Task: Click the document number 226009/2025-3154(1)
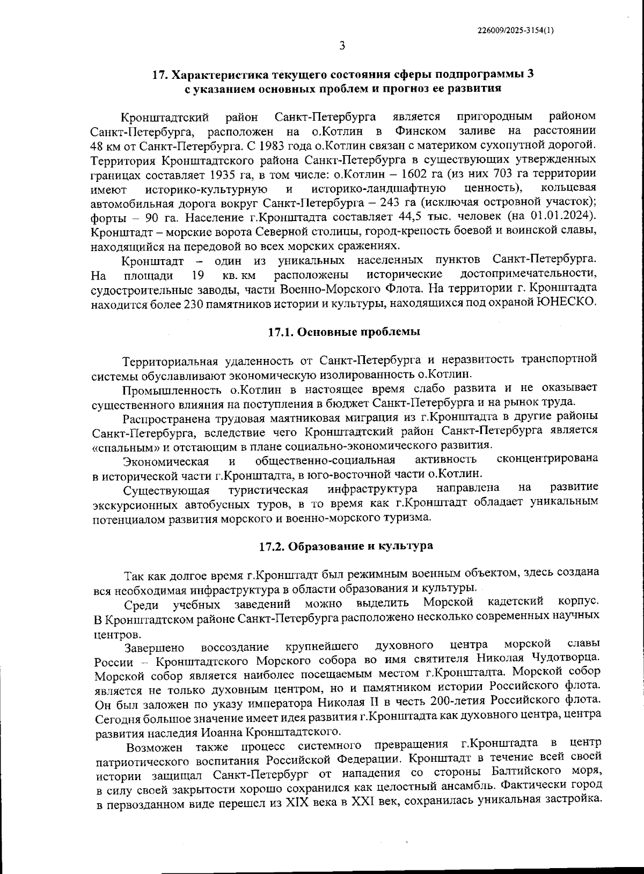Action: [515, 31]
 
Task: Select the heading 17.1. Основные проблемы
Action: [343, 332]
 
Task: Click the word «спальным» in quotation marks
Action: [120, 445]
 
